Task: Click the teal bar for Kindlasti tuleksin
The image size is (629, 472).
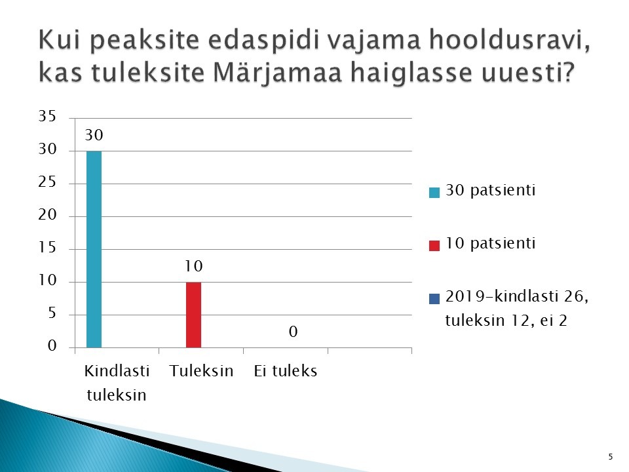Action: point(94,249)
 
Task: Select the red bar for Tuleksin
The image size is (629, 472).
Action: point(193,315)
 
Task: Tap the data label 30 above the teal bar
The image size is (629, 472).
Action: point(94,135)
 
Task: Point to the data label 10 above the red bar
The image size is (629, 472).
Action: point(193,266)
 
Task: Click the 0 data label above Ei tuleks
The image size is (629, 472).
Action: point(294,332)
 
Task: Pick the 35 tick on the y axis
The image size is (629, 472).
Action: point(47,116)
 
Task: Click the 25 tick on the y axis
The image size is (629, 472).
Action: point(47,182)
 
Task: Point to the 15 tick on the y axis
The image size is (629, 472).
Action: point(47,248)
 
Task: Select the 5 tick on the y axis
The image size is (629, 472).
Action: point(52,313)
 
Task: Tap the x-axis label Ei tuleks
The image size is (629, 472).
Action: point(285,371)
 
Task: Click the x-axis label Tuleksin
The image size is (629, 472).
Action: point(201,371)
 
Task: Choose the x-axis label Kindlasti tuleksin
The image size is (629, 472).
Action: point(117,383)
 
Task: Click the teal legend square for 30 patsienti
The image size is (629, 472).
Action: point(434,192)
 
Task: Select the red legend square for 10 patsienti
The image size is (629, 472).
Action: point(434,246)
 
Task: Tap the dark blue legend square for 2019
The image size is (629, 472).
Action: point(434,299)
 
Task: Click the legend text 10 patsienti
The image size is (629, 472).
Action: point(490,244)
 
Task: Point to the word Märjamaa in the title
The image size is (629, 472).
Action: point(277,73)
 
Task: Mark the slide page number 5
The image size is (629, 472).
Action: point(611,457)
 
